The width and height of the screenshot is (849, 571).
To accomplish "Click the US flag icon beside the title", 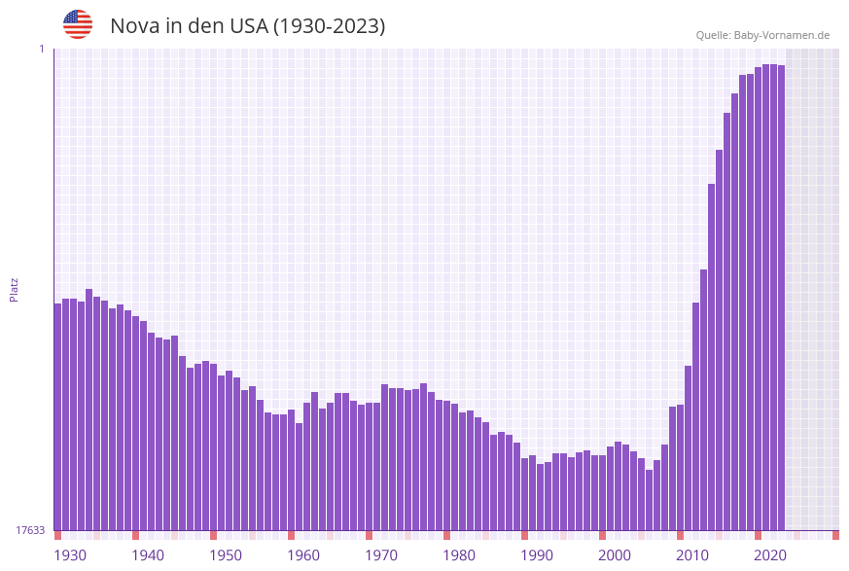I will pyautogui.click(x=78, y=24).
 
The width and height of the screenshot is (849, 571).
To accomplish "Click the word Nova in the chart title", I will pyautogui.click(x=134, y=26).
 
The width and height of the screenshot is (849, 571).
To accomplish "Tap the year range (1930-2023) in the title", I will pyautogui.click(x=329, y=26).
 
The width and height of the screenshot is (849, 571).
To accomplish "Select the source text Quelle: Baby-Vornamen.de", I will pyautogui.click(x=762, y=35).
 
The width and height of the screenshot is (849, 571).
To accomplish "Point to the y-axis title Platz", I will pyautogui.click(x=15, y=289).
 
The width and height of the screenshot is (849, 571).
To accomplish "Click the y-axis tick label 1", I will pyautogui.click(x=41, y=49).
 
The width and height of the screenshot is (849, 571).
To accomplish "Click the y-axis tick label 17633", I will pyautogui.click(x=30, y=530).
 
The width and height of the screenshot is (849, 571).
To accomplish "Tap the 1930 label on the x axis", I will pyautogui.click(x=70, y=555).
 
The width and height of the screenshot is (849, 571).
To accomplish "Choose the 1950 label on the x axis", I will pyautogui.click(x=226, y=555).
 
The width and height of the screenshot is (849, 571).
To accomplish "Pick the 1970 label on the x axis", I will pyautogui.click(x=381, y=555).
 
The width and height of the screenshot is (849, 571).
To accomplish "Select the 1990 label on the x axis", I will pyautogui.click(x=537, y=555).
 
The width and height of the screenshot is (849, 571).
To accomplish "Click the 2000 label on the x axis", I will pyautogui.click(x=615, y=555).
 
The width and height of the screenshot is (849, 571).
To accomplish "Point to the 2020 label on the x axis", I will pyautogui.click(x=770, y=555).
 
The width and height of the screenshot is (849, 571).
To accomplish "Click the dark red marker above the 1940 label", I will pyautogui.click(x=135, y=535).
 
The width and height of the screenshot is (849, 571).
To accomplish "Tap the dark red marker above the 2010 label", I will pyautogui.click(x=680, y=535).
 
